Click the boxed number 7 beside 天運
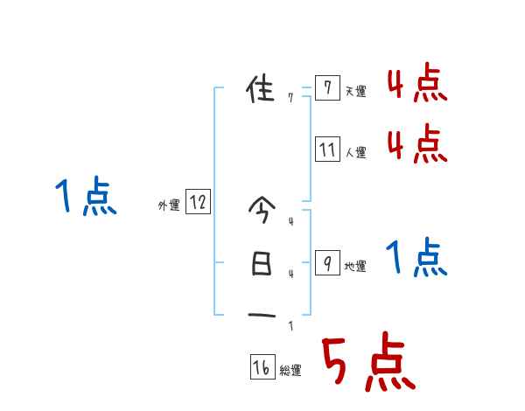pyautogui.click(x=326, y=88)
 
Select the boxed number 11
pyautogui.click(x=326, y=150)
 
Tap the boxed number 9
pyautogui.click(x=326, y=263)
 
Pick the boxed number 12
pyautogui.click(x=198, y=203)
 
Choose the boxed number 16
pyautogui.click(x=262, y=368)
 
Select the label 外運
pyautogui.click(x=169, y=205)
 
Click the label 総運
pyautogui.click(x=290, y=371)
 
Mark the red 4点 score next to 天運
pyautogui.click(x=416, y=86)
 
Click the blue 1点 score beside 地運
pyautogui.click(x=416, y=258)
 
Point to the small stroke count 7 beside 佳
pyautogui.click(x=290, y=98)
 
